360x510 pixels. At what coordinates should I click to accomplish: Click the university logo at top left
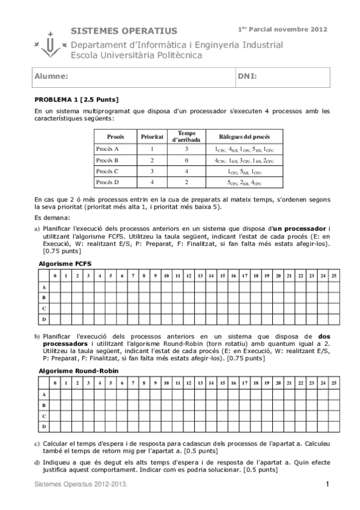pos(50,44)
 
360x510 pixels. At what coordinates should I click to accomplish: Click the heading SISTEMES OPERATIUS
pos(124,31)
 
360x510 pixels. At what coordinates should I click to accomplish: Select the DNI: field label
pos(248,77)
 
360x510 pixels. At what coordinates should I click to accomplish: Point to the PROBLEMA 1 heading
pos(76,99)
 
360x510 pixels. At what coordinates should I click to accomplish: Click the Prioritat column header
pos(152,137)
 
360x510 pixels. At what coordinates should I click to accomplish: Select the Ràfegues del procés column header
pos(244,137)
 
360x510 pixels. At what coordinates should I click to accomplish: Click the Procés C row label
pos(108,171)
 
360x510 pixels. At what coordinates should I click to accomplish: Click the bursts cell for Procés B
pos(244,160)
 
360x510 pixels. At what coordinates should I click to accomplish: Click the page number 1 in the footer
pos(328,484)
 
